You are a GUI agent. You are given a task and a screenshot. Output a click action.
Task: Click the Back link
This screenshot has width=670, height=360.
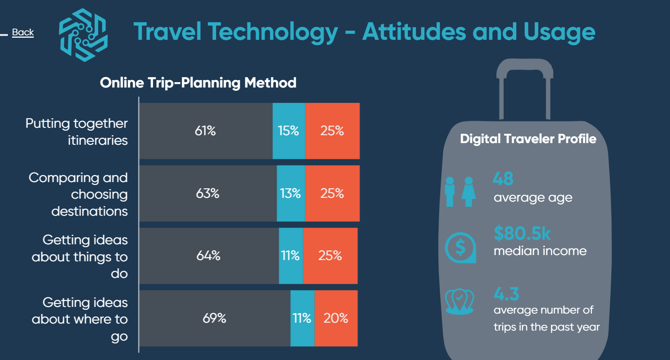(23, 32)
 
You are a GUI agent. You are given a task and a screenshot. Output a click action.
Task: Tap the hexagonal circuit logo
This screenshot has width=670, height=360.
(83, 35)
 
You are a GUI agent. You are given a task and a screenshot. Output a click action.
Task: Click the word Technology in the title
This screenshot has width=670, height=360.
(273, 32)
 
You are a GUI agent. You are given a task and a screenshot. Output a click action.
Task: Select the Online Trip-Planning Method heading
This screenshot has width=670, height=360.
(198, 83)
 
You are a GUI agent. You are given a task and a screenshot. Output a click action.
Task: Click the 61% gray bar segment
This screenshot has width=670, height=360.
(205, 131)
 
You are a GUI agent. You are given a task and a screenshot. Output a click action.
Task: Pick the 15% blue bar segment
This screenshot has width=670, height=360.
(288, 131)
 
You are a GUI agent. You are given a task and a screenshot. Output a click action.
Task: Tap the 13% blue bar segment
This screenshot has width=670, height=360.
(290, 193)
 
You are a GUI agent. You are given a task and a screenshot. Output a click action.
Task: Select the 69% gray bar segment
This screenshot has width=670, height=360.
(214, 318)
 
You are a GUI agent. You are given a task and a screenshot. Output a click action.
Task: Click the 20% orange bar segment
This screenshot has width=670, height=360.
(336, 318)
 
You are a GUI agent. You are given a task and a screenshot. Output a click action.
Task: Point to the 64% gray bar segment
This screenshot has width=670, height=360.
(208, 255)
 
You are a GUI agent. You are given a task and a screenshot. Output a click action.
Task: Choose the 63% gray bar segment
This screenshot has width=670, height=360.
(207, 193)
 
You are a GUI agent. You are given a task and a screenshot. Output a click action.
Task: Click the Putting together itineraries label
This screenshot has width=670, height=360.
(77, 131)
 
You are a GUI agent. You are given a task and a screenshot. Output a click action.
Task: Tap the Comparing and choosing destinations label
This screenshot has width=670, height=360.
(78, 194)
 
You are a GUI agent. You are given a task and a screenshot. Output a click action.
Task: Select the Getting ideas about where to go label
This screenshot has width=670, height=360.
(80, 319)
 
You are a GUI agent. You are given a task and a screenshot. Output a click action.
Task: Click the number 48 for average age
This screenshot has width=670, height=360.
(503, 179)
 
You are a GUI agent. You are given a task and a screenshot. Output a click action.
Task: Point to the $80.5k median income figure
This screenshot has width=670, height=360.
(522, 234)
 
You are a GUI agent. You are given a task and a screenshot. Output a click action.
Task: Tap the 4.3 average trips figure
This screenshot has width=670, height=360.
(506, 294)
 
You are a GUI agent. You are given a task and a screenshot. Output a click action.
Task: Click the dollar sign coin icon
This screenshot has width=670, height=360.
(460, 248)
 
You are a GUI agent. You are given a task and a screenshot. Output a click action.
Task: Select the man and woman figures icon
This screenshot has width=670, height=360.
(460, 191)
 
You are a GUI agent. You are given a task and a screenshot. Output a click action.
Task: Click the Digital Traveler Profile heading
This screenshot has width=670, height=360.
(528, 139)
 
